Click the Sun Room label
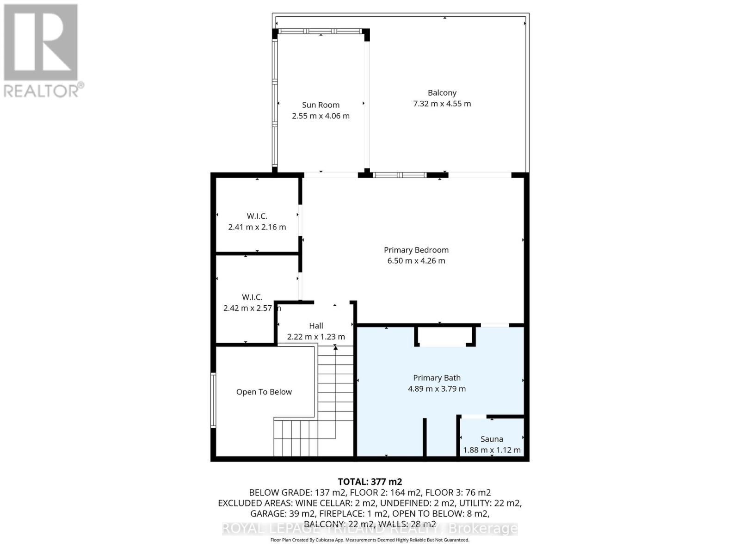[x=321, y=105]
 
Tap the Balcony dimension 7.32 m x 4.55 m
[x=442, y=104]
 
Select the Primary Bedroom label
[x=416, y=250]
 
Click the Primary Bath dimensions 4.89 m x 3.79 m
[x=437, y=389]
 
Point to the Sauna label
[x=492, y=439]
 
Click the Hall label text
[x=316, y=326]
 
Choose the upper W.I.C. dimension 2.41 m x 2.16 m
[x=257, y=227]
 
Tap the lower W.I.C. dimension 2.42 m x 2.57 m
[x=252, y=308]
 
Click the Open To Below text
[x=264, y=392]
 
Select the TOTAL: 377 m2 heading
[x=370, y=481]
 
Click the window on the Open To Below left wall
[x=213, y=400]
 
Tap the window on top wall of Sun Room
[x=321, y=31]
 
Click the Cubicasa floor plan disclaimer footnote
[x=370, y=540]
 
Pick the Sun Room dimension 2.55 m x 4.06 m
[x=321, y=116]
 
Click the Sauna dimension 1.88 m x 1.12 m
[x=492, y=450]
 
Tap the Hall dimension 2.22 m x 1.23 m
[x=316, y=337]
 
